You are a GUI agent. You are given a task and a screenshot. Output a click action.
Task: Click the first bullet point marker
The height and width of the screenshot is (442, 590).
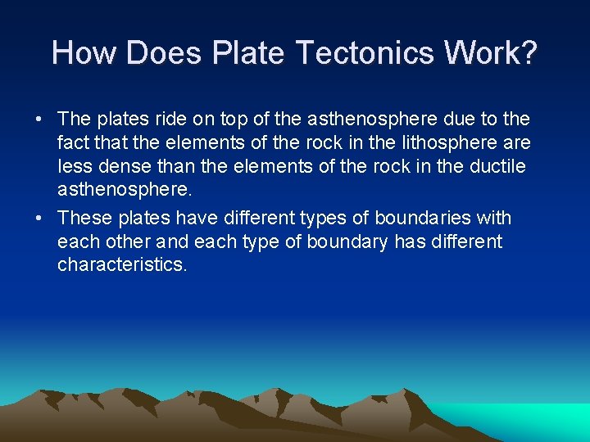click(39, 120)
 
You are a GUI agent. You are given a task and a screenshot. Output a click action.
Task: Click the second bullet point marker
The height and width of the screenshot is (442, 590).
click(39, 219)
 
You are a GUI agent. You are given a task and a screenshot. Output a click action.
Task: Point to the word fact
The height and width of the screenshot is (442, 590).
click(71, 143)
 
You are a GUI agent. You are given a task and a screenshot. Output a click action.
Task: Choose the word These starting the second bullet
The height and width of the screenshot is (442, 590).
click(85, 218)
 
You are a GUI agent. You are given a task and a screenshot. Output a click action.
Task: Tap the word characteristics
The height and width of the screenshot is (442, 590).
click(122, 266)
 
